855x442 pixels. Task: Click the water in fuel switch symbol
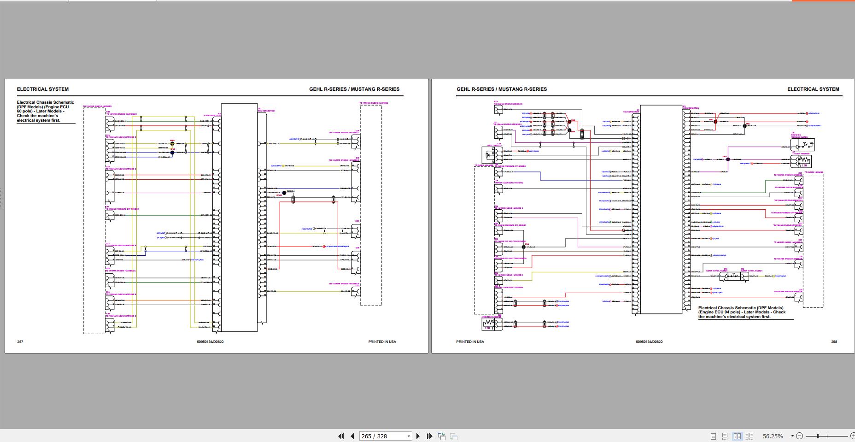pyautogui.click(x=734, y=277)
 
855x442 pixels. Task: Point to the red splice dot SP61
pyautogui.click(x=715, y=122)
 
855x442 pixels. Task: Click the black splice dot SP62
pyautogui.click(x=745, y=125)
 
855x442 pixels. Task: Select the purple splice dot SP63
pyautogui.click(x=728, y=159)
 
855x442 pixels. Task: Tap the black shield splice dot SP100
pyautogui.click(x=284, y=193)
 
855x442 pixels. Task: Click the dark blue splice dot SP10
pyautogui.click(x=172, y=152)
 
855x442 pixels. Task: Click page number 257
pyautogui.click(x=20, y=342)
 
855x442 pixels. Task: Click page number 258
pyautogui.click(x=834, y=342)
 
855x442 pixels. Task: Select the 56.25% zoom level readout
pyautogui.click(x=773, y=436)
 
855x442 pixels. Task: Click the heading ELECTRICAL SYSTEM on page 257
pyautogui.click(x=43, y=89)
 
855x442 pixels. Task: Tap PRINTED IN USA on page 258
pyautogui.click(x=470, y=342)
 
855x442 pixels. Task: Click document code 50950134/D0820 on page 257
pyautogui.click(x=210, y=342)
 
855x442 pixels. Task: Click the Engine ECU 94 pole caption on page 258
pyautogui.click(x=742, y=312)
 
